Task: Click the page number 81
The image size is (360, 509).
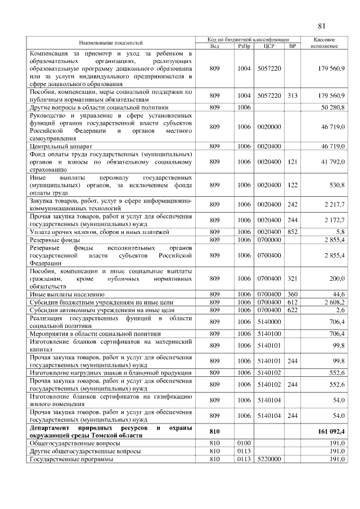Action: click(x=322, y=26)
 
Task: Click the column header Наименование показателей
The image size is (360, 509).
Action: click(x=110, y=43)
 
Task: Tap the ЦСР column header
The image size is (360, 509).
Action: click(x=269, y=46)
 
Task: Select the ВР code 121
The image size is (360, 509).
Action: click(x=292, y=162)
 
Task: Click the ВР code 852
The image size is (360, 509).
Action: click(x=292, y=231)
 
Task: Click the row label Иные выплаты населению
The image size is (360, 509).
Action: click(x=67, y=294)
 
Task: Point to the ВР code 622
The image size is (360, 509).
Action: click(x=292, y=309)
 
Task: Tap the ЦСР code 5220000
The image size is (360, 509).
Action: click(x=269, y=459)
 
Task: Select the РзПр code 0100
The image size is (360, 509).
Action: click(x=244, y=443)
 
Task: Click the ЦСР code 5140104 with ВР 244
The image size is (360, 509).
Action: click(x=269, y=416)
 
